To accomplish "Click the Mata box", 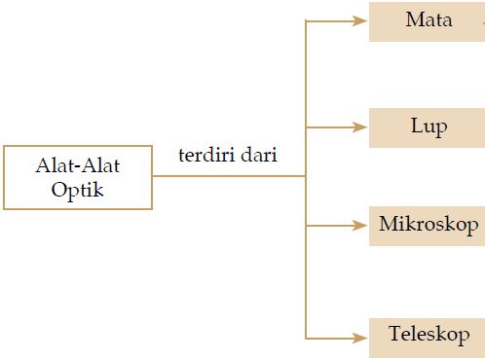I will (x=427, y=20).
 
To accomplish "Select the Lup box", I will (x=427, y=127).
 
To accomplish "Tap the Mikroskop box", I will (x=427, y=226).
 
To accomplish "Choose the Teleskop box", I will (x=427, y=336).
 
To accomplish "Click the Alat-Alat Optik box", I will (x=78, y=177).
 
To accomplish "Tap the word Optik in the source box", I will (x=78, y=189).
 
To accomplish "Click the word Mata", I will (x=429, y=20).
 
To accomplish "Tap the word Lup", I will (x=429, y=127).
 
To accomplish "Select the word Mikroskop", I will (x=429, y=226).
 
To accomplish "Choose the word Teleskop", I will (x=429, y=336).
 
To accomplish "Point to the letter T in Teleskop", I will (x=392, y=336).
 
